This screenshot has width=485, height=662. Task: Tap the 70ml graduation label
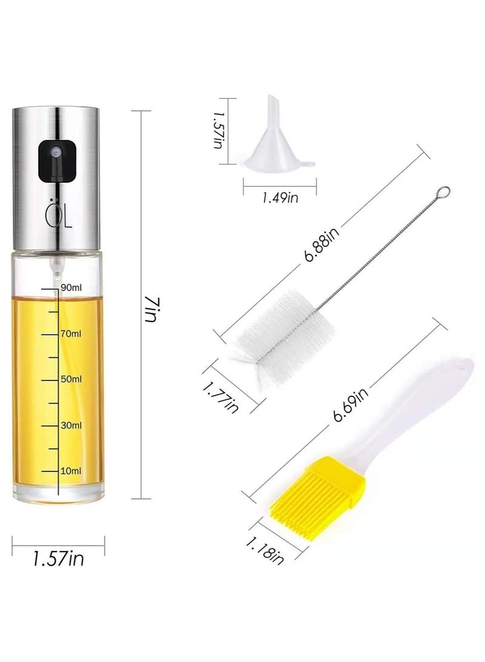tap(72, 333)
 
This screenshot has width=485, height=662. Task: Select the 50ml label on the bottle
tap(72, 379)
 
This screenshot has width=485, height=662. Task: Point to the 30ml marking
tap(72, 425)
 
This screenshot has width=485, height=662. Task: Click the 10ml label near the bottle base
tap(72, 470)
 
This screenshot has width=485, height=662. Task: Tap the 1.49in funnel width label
tap(279, 196)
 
